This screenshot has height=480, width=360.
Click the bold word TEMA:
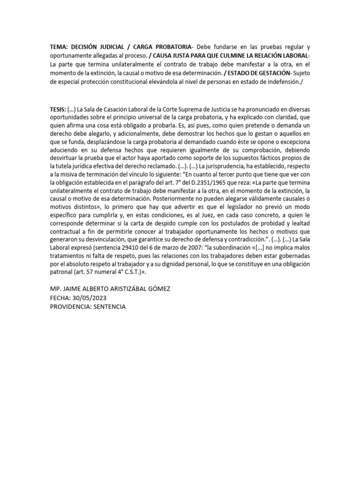coord(60,47)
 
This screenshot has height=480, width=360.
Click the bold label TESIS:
coord(59,109)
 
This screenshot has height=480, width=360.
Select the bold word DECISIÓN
coord(88,47)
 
